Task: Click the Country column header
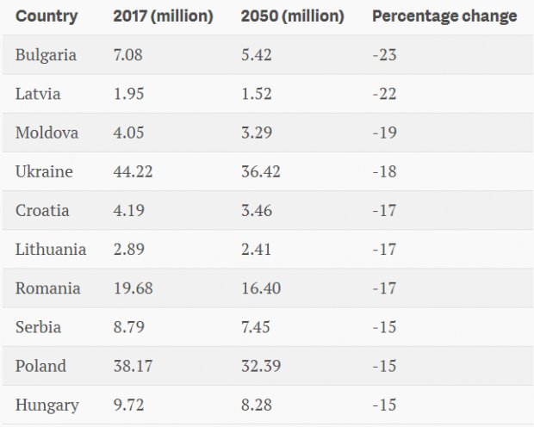pos(47,16)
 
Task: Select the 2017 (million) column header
pos(163,16)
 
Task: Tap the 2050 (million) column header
pos(292,16)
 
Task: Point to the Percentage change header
pos(444,16)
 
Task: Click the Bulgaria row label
pos(46,55)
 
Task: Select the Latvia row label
pos(38,94)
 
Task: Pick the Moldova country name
pos(47,133)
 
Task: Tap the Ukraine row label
pos(44,171)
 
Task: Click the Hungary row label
pos(47,405)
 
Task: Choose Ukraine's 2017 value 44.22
pos(133,171)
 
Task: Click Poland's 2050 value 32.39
pos(261,366)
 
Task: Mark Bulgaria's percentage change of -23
pos(384,55)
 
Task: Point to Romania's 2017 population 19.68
pos(133,288)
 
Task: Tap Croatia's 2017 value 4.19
pos(128,210)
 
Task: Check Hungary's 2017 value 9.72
pos(128,405)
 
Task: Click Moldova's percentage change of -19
pos(384,133)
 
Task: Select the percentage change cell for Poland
pos(384,366)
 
